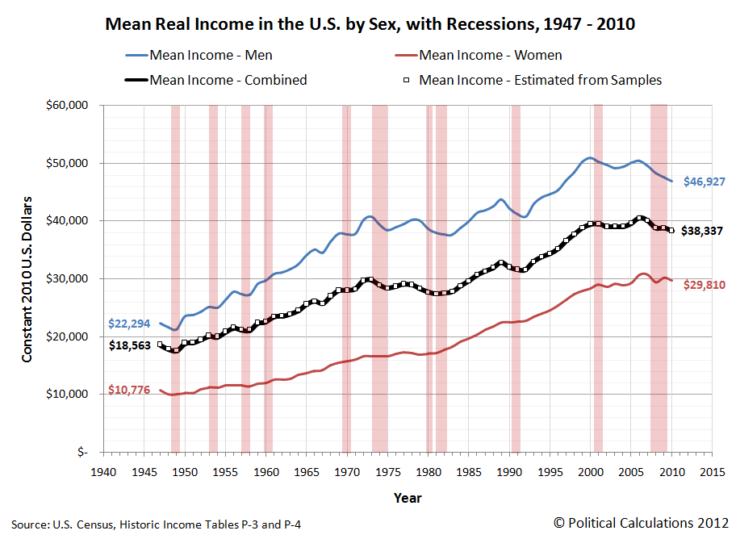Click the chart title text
(x=370, y=24)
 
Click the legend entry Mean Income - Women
(x=491, y=56)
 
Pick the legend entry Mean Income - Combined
(x=228, y=80)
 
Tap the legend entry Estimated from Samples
(x=540, y=80)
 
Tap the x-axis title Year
(x=408, y=498)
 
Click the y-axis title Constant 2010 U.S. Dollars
(x=27, y=278)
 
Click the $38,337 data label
(x=701, y=231)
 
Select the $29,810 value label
(x=701, y=285)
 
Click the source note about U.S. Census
(x=157, y=524)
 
